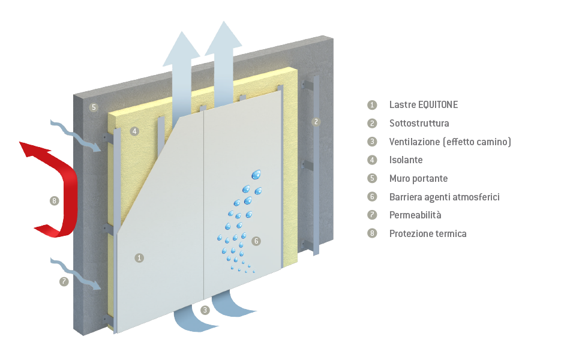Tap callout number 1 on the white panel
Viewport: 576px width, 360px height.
pos(139,257)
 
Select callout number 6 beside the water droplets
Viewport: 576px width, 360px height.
pos(256,241)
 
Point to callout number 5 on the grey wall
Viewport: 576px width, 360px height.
pos(93,108)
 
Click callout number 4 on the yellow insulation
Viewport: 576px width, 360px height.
pos(134,131)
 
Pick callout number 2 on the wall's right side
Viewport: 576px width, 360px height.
pos(316,122)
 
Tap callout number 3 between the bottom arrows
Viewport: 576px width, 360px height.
pos(205,310)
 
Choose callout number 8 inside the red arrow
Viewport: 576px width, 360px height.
pos(55,201)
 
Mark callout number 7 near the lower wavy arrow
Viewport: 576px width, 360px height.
pos(64,281)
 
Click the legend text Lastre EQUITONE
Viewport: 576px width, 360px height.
pos(423,105)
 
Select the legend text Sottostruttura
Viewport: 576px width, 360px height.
pos(419,124)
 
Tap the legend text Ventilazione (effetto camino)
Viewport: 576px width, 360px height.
pos(449,142)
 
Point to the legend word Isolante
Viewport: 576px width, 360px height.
pos(406,160)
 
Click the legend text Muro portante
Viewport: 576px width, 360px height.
pos(418,179)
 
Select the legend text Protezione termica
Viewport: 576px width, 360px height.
pos(427,233)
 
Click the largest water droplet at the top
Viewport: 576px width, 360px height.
pos(257,174)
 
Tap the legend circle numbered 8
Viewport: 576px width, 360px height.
pos(373,233)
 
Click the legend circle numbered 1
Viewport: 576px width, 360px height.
pos(373,105)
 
